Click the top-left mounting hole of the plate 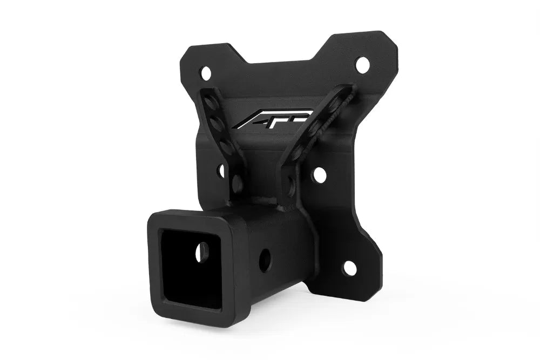coord(205,71)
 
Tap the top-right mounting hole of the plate coord(362,64)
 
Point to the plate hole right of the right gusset coord(319,174)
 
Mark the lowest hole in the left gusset coord(237,184)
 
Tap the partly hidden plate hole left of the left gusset coord(221,171)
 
